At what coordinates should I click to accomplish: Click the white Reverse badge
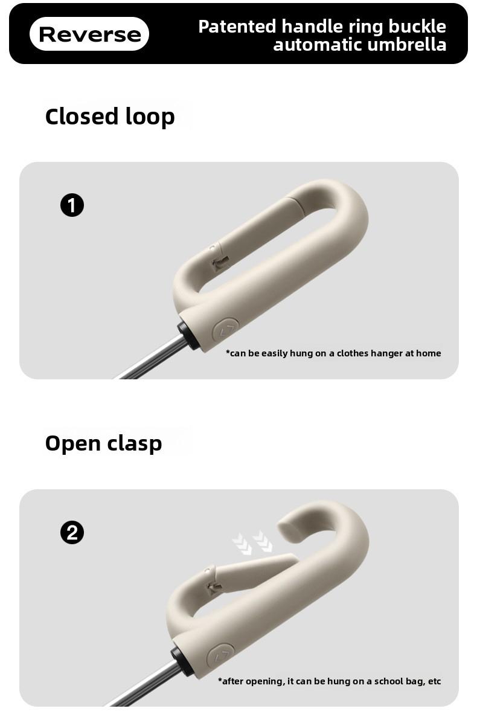click(x=89, y=34)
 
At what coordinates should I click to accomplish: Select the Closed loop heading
click(x=110, y=116)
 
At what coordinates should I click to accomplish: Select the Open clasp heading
click(x=103, y=443)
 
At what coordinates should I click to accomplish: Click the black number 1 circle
click(x=72, y=205)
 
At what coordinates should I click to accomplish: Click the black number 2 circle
click(x=72, y=533)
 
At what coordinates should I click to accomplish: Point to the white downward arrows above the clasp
click(x=253, y=543)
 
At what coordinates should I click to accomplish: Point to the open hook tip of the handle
click(x=285, y=528)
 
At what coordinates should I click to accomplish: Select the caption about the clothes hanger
click(x=333, y=353)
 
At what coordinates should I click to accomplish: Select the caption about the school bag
click(x=330, y=681)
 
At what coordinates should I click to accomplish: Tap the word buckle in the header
click(x=417, y=27)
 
